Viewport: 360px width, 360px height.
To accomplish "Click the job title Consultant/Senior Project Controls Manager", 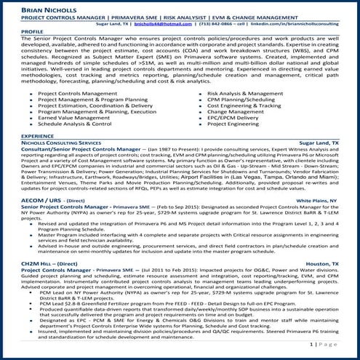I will [x=82, y=149].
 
